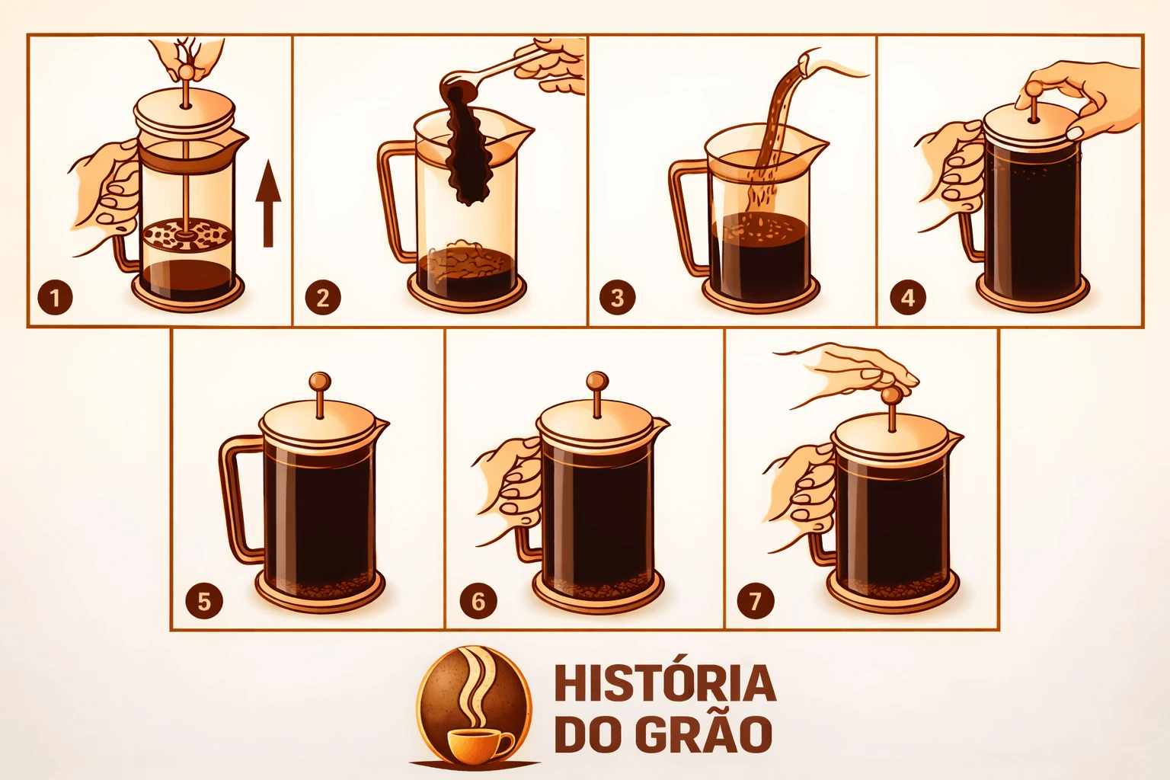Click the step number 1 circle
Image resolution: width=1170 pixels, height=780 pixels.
55,298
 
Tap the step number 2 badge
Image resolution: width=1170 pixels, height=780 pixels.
323,298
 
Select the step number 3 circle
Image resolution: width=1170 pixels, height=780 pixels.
618,298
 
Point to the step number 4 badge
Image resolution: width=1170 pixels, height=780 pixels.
908,298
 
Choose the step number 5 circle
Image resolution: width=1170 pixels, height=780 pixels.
204,601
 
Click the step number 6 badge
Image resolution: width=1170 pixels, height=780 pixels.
478,601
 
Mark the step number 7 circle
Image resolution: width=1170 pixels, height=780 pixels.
756,601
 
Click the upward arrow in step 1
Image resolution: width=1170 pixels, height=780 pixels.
268,203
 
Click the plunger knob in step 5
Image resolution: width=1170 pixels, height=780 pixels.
320,381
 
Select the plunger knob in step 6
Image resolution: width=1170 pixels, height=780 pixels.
597,381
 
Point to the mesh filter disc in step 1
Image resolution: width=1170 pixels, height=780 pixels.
187,235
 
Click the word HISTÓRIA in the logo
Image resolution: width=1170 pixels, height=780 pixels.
665,683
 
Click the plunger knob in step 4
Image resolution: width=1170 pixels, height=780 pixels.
1032,91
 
